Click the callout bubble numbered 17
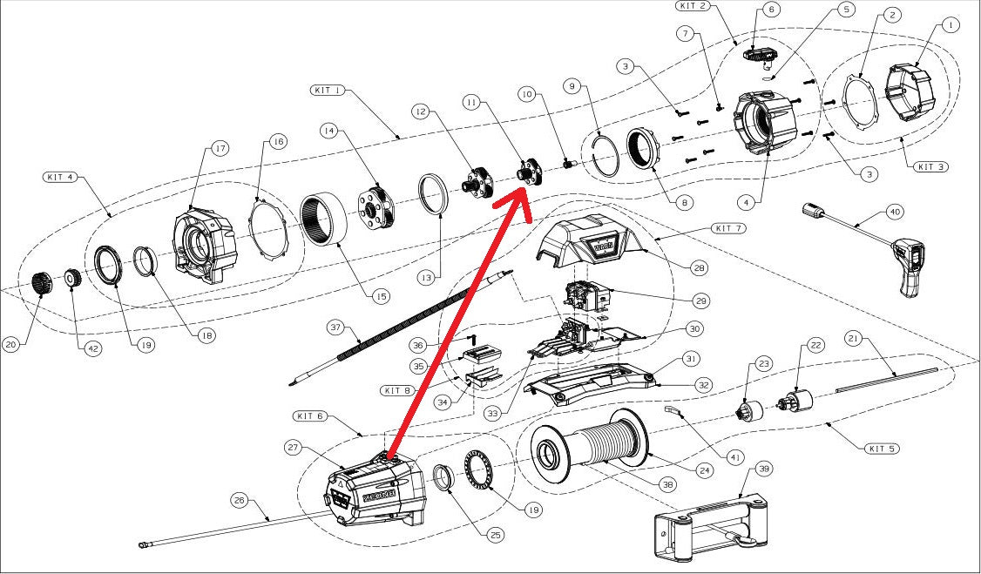click(220, 149)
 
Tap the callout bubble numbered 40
click(895, 212)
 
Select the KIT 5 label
click(882, 449)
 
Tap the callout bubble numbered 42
click(91, 349)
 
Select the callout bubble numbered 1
click(950, 26)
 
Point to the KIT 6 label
click(310, 416)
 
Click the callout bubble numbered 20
click(11, 344)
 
